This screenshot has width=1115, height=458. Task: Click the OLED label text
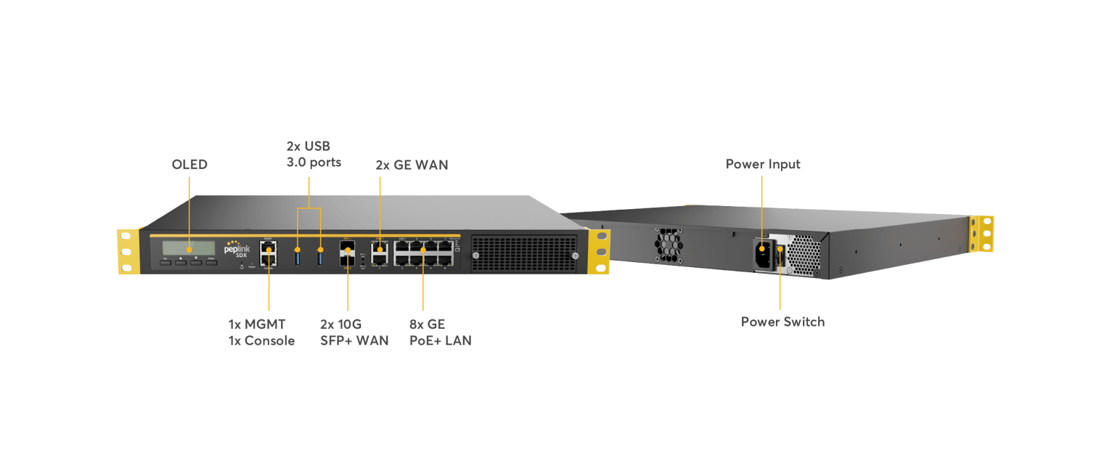coord(189,165)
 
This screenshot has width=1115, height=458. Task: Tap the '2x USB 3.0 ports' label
coord(314,154)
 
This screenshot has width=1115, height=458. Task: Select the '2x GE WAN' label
coord(412,165)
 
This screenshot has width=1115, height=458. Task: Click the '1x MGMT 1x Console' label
coord(261,332)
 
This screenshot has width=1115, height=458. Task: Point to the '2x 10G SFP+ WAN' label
coord(354,332)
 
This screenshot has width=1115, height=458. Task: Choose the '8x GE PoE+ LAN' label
coord(440,332)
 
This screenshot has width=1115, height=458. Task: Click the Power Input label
coord(763,165)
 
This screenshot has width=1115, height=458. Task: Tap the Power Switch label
coord(783,322)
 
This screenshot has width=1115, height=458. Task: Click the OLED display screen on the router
coord(188,247)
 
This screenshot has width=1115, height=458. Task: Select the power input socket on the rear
coord(763,253)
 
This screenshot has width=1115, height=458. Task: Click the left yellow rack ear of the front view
coord(128,251)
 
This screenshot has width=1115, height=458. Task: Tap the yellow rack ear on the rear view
coord(984,234)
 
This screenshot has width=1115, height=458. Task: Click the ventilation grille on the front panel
coord(523,253)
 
